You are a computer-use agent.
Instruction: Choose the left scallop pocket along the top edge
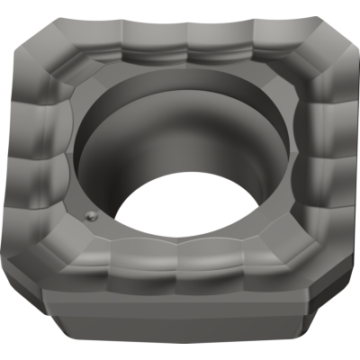pos(135,40)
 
